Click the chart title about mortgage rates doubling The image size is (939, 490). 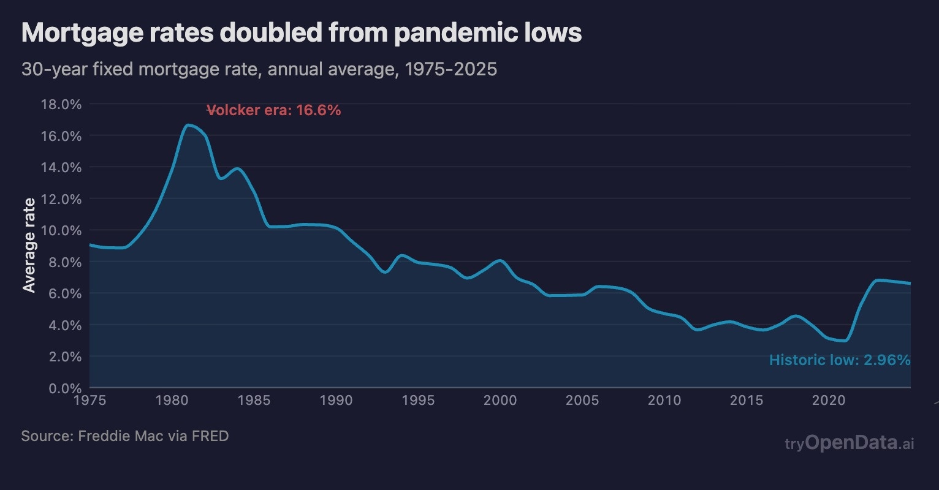[x=301, y=33]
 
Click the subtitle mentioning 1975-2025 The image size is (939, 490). [x=259, y=69]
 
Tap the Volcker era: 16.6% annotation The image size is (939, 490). [x=274, y=110]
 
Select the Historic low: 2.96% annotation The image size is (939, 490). [x=840, y=360]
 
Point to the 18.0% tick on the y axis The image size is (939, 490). [x=61, y=104]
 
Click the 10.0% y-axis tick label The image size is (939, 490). [x=61, y=230]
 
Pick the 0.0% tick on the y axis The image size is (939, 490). [x=63, y=388]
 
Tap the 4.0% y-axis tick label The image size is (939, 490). [x=63, y=325]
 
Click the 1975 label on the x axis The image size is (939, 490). [x=89, y=401]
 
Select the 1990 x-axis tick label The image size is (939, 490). [x=336, y=401]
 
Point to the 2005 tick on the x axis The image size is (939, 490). [x=582, y=401]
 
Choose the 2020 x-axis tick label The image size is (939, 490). [x=829, y=401]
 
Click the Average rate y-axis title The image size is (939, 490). [x=29, y=245]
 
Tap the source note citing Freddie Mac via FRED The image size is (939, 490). [x=125, y=436]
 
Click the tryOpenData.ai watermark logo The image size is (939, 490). [x=850, y=443]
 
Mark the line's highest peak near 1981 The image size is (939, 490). [x=188, y=125]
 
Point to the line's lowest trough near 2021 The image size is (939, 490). [x=845, y=341]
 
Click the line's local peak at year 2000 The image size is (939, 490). [x=500, y=261]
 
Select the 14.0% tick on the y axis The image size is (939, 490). [x=61, y=167]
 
